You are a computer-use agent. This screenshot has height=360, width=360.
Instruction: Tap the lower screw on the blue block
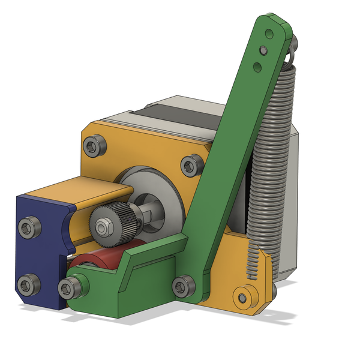click(x=26, y=284)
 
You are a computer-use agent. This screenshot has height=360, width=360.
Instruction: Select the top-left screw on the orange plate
click(x=94, y=145)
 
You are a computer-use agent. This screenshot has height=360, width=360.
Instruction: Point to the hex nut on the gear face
click(x=103, y=227)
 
